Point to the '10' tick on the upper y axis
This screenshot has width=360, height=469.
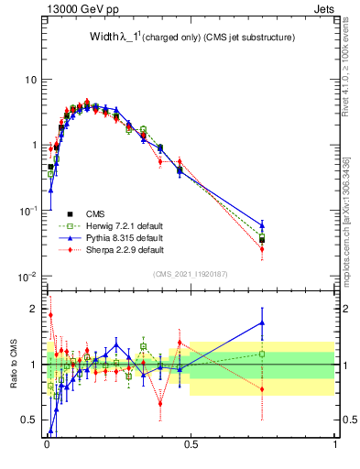point(30,80)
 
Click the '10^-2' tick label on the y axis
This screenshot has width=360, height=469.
point(28,277)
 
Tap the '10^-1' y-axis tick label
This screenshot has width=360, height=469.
point(28,211)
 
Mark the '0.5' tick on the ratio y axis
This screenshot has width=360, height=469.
point(31,420)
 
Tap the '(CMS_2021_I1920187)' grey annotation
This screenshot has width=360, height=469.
point(191,273)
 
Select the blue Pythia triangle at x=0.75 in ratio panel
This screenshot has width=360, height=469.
point(262,322)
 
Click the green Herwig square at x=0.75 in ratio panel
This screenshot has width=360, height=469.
point(262,354)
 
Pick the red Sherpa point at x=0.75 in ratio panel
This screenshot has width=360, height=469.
point(262,388)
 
